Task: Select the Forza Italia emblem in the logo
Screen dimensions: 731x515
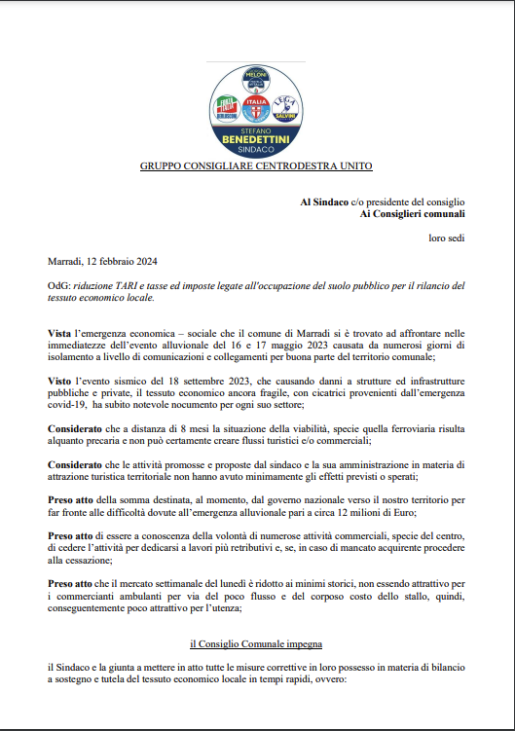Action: [x=229, y=106]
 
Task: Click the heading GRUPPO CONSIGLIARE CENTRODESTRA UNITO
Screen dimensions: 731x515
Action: [x=257, y=166]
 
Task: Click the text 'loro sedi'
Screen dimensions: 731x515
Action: [x=447, y=238]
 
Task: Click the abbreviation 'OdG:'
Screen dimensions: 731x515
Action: [x=59, y=285]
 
